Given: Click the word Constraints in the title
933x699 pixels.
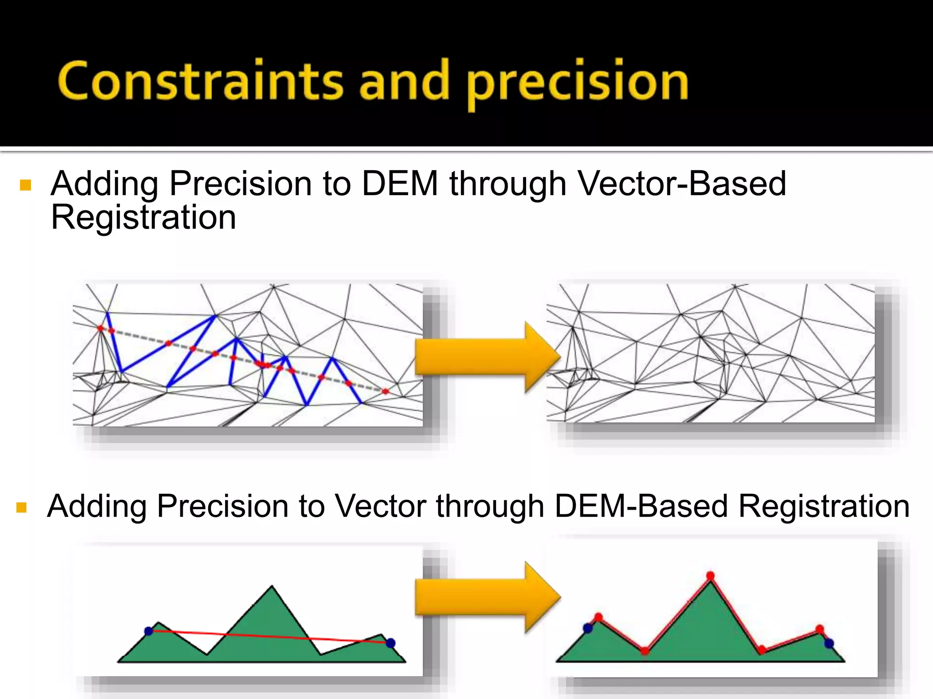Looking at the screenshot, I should pos(200,81).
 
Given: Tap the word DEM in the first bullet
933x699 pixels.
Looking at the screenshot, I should pos(400,184).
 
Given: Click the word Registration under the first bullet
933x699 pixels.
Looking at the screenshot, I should pos(144,218).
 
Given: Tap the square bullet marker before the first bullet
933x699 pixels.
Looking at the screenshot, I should pos(26,185).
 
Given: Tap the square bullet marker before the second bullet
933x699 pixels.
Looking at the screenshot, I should pos(21,507).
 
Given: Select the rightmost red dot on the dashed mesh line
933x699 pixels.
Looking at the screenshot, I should pos(385,391).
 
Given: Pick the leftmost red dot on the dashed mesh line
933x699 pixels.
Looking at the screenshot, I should pos(101,328).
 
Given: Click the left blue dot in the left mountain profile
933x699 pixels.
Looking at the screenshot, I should pos(149,631).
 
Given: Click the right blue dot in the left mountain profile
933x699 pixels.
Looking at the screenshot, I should pos(390,643).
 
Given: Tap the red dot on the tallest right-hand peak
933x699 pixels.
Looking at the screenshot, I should pos(710,576).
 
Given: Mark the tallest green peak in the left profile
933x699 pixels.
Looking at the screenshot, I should pos(272,592).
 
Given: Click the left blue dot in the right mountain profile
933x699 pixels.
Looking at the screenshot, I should pos(588,628).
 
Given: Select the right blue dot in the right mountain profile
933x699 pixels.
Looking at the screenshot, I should pos(829,643).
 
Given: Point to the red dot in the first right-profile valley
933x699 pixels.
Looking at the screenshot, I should pos(645,651).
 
